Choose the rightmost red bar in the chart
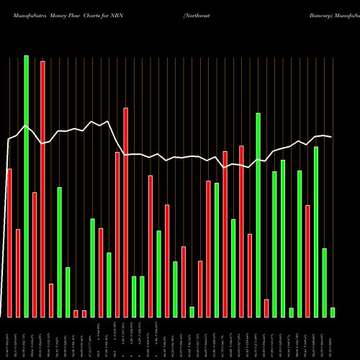click(x=307, y=261)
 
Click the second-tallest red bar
click(x=125, y=212)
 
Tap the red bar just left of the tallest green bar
click(x=18, y=273)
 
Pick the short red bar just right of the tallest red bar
click(x=51, y=300)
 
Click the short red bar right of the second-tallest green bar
click(x=266, y=308)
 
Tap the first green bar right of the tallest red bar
click(x=59, y=252)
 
